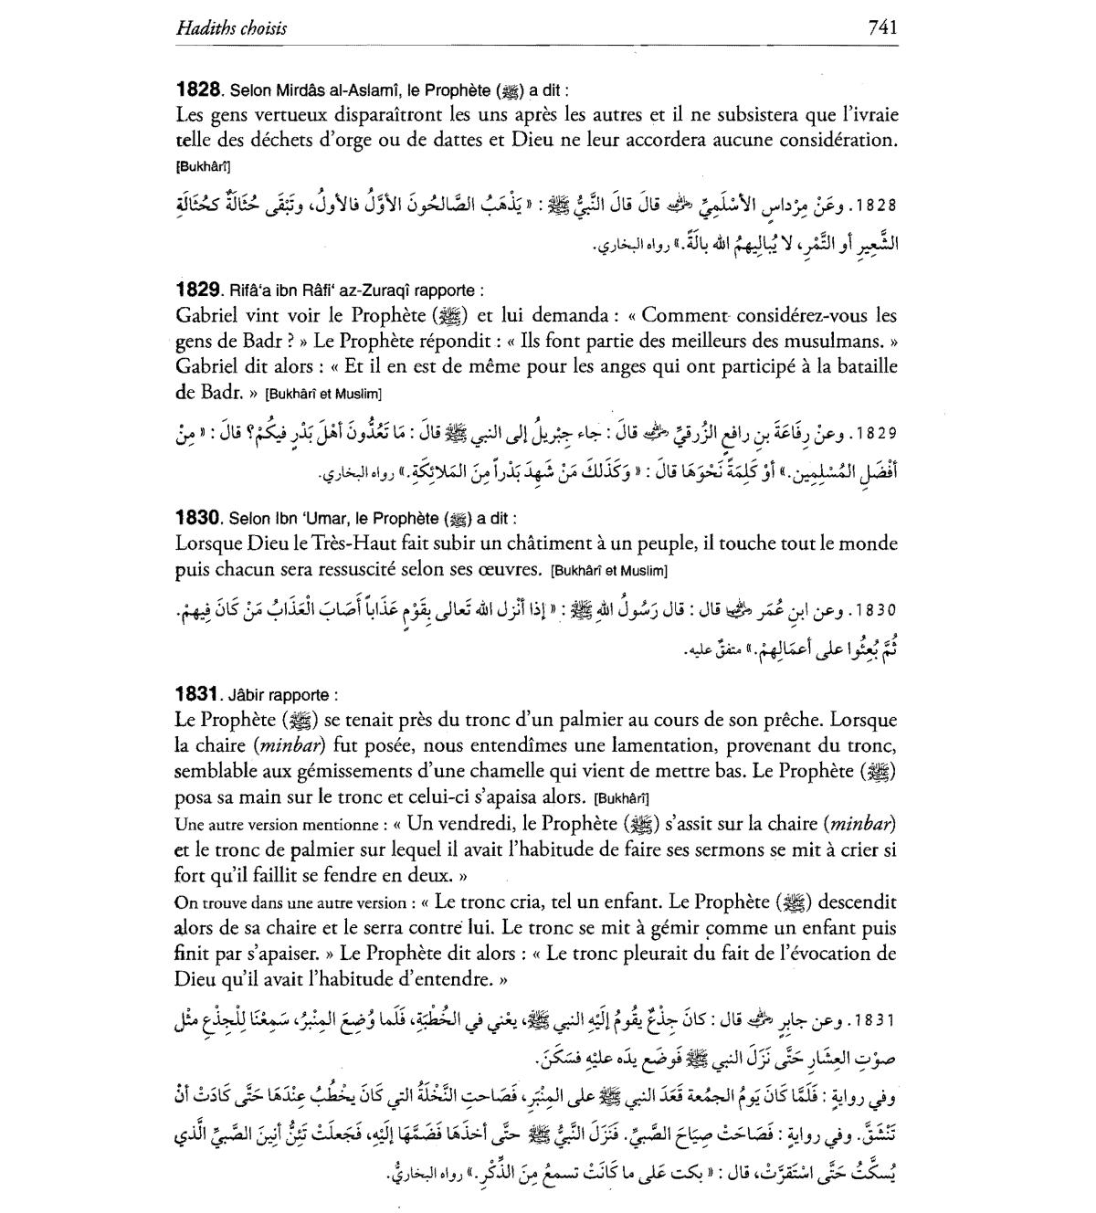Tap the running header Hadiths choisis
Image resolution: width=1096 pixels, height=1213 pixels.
(231, 28)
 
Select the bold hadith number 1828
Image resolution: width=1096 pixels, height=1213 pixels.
(198, 90)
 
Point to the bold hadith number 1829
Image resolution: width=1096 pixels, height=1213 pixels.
(198, 290)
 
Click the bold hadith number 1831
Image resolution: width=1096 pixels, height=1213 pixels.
(198, 694)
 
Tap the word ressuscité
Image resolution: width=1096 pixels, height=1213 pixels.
(355, 569)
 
